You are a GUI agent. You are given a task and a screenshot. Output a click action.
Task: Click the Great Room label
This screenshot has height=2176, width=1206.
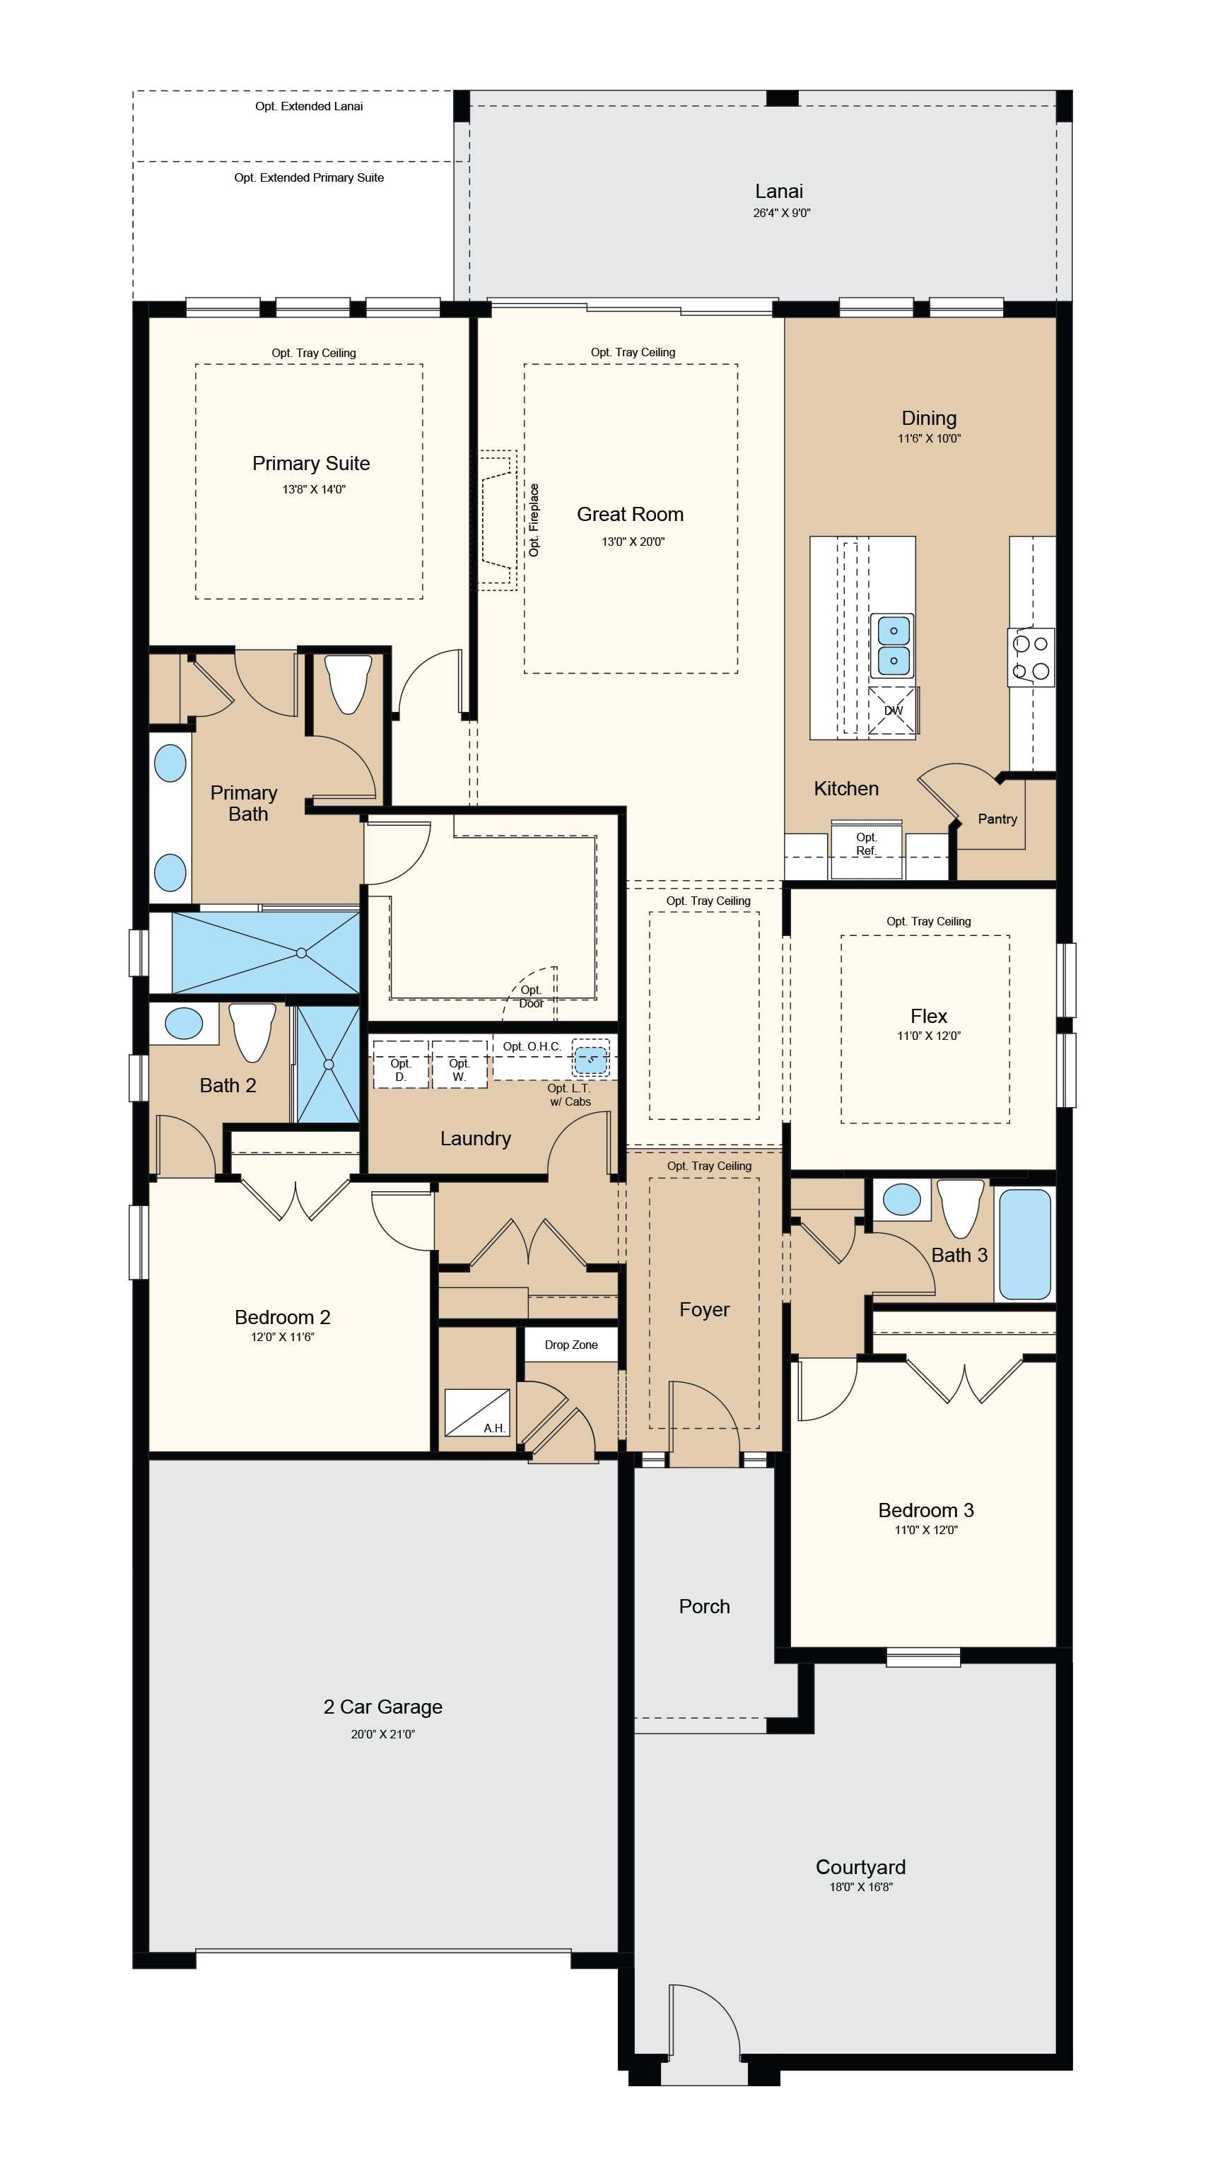click(x=630, y=515)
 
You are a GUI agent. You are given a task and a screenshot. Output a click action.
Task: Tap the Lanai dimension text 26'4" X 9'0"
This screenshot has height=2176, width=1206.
click(x=781, y=213)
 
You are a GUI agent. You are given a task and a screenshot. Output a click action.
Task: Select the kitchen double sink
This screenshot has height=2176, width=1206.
click(x=893, y=645)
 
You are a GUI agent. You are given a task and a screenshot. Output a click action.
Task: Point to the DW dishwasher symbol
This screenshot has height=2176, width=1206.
click(x=893, y=710)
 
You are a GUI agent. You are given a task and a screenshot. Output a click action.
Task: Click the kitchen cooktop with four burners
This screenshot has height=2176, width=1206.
click(x=1031, y=657)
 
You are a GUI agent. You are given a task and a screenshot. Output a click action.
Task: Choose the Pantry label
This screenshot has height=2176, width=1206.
click(x=997, y=819)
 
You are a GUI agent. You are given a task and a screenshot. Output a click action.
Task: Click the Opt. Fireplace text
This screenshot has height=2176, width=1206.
click(x=534, y=520)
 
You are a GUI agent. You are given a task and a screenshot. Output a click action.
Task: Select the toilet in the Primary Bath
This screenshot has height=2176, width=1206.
click(x=348, y=684)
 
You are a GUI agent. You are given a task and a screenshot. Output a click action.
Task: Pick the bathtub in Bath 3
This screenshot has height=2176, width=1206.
click(x=1025, y=1244)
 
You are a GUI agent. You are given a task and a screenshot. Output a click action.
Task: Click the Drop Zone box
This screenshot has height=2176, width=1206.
click(x=571, y=1345)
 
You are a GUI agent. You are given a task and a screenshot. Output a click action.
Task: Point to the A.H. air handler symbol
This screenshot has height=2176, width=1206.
click(x=477, y=1412)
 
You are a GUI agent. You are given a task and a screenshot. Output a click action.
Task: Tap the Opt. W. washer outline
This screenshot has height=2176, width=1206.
click(x=459, y=1065)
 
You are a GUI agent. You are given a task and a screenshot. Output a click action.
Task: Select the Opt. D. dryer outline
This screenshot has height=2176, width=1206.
click(x=400, y=1065)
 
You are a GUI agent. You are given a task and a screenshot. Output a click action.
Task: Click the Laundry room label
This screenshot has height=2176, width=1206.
click(x=476, y=1139)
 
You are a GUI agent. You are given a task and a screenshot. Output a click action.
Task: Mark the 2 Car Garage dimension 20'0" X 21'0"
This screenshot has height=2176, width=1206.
click(x=383, y=1734)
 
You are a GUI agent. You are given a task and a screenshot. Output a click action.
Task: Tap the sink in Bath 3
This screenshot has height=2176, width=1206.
click(x=901, y=1200)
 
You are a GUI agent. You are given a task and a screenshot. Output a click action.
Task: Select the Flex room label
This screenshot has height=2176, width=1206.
click(x=929, y=1016)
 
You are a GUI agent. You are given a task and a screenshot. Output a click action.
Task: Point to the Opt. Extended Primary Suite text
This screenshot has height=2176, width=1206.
click(x=309, y=177)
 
